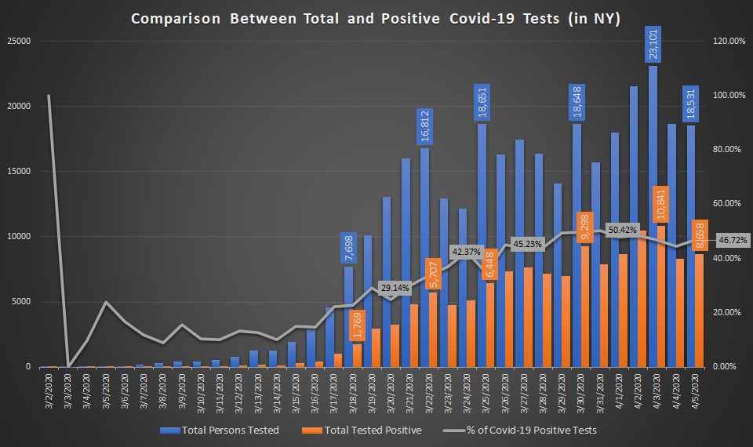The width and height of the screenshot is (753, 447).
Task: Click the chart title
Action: [x=376, y=19]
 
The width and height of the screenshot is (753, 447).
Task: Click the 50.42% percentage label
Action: [x=623, y=230]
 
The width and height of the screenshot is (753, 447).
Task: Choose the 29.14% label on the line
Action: [x=395, y=288]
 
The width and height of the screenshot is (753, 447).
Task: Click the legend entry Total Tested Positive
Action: [x=373, y=430]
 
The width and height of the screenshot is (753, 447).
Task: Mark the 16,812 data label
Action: [x=424, y=126]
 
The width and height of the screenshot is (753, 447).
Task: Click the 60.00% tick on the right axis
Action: [x=728, y=204]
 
